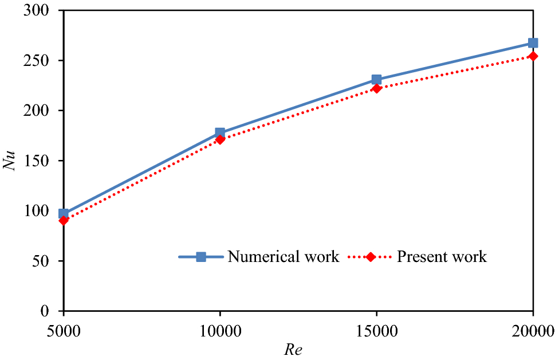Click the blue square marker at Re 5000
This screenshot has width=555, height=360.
(64, 214)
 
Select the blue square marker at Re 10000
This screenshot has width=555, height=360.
(220, 132)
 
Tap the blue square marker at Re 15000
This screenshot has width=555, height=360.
(376, 80)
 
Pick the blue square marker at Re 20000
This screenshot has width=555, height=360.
(533, 43)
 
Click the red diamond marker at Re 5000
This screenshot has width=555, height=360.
(64, 220)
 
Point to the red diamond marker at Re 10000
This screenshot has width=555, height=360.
(220, 139)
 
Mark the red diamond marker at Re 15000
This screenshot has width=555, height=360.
(376, 88)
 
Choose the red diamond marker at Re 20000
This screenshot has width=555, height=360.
(533, 56)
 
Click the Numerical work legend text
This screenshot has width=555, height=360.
(283, 257)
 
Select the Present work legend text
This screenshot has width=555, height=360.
(442, 257)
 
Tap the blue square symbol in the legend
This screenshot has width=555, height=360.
(201, 257)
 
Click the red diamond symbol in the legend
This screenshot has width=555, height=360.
(371, 257)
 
